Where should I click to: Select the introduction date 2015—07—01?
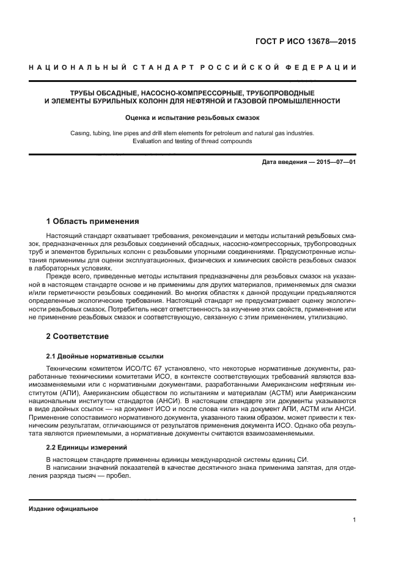(x=335, y=161)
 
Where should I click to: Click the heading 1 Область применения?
(x=93, y=221)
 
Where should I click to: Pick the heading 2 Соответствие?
(x=78, y=336)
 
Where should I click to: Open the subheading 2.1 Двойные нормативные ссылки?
(x=105, y=355)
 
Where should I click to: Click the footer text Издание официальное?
(x=64, y=508)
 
